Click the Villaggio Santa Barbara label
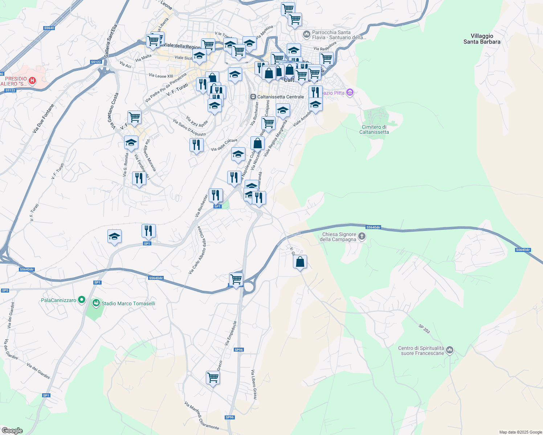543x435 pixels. click(482, 39)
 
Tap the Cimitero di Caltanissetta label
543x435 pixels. click(374, 129)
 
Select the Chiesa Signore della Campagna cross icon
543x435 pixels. click(362, 237)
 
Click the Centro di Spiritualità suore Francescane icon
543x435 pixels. click(450, 350)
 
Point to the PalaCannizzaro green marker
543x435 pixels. click(82, 300)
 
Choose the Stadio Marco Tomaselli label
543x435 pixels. click(128, 303)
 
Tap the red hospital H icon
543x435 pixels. click(32, 80)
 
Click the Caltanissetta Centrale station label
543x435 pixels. click(280, 97)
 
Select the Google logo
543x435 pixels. click(12, 430)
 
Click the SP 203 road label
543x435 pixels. click(424, 329)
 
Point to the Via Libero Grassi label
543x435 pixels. click(254, 385)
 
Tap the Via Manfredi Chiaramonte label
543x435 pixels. click(201, 415)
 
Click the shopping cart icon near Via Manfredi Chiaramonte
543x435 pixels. click(213, 378)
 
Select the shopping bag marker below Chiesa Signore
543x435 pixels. click(300, 262)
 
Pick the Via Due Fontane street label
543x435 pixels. click(43, 119)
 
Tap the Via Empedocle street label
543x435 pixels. click(230, 333)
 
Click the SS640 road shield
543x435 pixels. click(49, 28)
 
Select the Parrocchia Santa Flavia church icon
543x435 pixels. click(306, 34)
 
